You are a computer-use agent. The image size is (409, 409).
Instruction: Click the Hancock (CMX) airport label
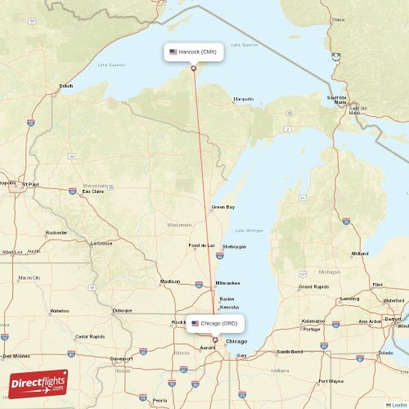193,52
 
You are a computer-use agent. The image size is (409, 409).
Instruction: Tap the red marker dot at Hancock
193,68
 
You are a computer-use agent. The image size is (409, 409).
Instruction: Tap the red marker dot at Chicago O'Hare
215,339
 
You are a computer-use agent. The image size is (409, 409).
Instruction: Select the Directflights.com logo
39,384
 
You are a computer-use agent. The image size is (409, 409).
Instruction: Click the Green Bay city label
223,208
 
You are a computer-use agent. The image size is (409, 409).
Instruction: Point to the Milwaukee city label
228,283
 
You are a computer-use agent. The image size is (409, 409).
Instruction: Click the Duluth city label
66,86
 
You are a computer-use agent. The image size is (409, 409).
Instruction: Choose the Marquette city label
244,99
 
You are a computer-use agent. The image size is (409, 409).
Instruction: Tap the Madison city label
170,281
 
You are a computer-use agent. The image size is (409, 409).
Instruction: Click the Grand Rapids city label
314,287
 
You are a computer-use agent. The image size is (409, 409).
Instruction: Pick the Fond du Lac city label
201,246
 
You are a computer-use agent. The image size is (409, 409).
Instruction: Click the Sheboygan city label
234,246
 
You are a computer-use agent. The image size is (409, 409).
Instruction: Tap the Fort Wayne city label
330,381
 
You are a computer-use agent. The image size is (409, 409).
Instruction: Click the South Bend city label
289,352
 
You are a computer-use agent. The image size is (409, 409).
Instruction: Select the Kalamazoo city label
313,321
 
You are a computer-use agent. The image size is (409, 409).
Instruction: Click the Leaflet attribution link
399,405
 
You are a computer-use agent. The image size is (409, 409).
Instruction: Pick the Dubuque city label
123,311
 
